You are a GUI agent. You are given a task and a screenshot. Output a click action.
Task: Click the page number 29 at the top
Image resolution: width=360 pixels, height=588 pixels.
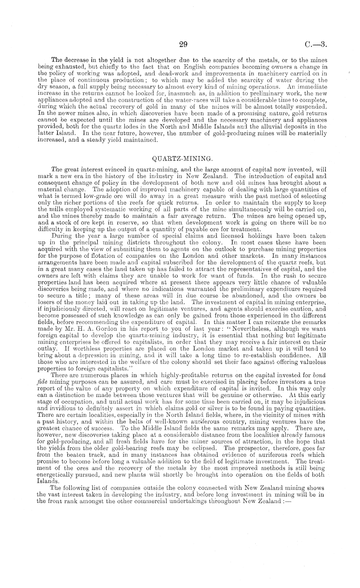pyautogui.click(x=183, y=45)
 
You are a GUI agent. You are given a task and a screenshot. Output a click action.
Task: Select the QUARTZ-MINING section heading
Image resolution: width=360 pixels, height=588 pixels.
pyautogui.click(x=183, y=159)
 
